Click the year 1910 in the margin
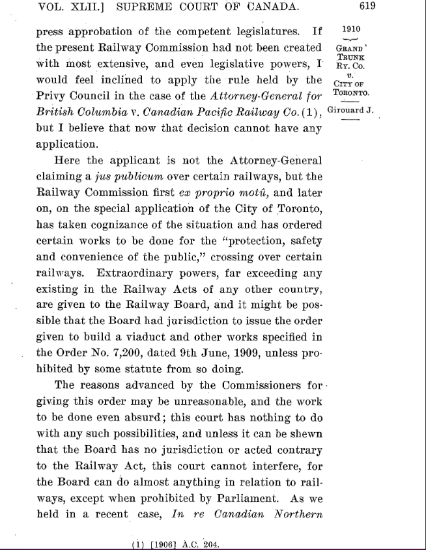pyautogui.click(x=350, y=31)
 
